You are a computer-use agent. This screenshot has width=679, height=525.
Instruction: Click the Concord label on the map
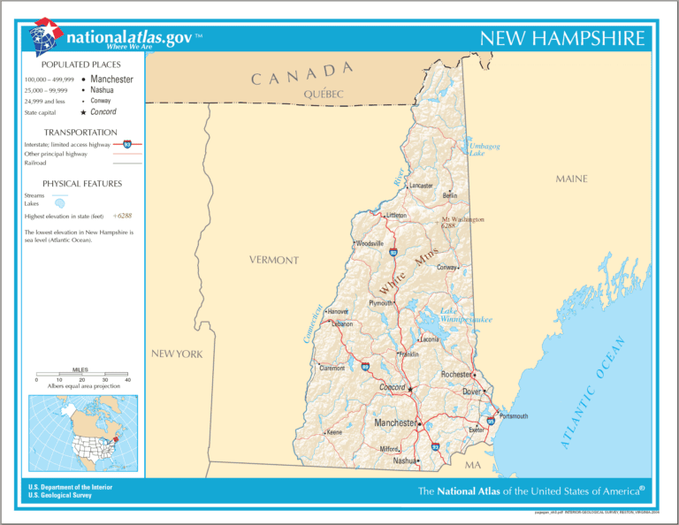tap(391, 388)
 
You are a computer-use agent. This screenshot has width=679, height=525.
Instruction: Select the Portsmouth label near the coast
tap(514, 415)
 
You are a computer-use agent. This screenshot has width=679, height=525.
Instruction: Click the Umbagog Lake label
tap(484, 148)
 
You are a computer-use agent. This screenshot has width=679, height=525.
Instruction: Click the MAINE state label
tap(571, 179)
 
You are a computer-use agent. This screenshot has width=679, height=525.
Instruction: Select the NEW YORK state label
tap(177, 354)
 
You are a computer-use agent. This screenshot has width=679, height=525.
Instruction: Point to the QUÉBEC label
tap(323, 94)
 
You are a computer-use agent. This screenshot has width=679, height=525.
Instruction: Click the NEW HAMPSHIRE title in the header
tap(562, 39)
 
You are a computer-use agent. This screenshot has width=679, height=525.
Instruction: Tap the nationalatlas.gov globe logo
tap(46, 37)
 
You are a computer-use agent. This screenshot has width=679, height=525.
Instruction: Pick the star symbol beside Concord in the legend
tap(83, 112)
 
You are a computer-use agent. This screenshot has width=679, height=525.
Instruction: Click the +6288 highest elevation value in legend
tap(122, 216)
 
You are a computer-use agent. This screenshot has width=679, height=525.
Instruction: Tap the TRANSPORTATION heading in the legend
tap(80, 133)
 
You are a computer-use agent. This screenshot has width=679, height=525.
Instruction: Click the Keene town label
tap(333, 432)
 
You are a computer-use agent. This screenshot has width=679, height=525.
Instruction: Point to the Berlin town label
tap(449, 196)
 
